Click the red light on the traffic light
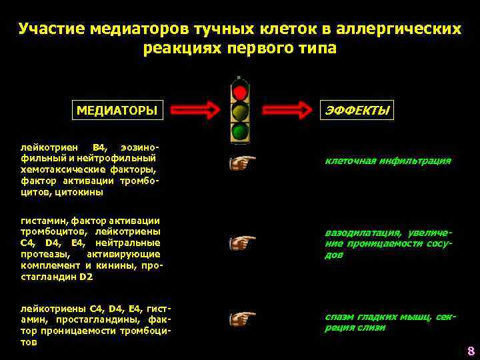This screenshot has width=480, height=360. click(x=240, y=91)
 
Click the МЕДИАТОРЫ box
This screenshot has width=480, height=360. click(x=117, y=110)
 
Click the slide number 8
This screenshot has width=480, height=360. click(x=470, y=351)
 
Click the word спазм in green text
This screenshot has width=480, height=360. click(x=341, y=317)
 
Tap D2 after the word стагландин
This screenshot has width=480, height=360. click(x=85, y=277)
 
